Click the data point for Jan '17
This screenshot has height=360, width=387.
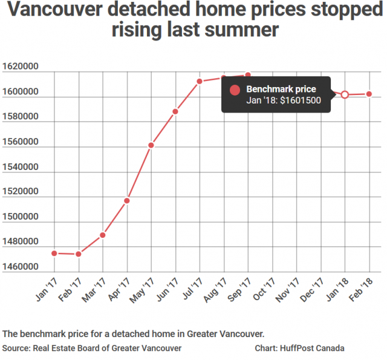[x=54, y=253]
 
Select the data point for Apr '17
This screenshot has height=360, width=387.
[x=127, y=200]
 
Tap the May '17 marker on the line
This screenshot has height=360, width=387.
[x=151, y=145]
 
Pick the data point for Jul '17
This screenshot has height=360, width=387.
[x=200, y=81]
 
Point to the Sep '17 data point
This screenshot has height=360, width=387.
[x=248, y=75]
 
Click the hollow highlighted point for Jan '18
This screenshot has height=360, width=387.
[x=345, y=94]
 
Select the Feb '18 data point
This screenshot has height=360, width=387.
[x=369, y=94]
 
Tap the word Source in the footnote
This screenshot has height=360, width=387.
[x=18, y=349]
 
